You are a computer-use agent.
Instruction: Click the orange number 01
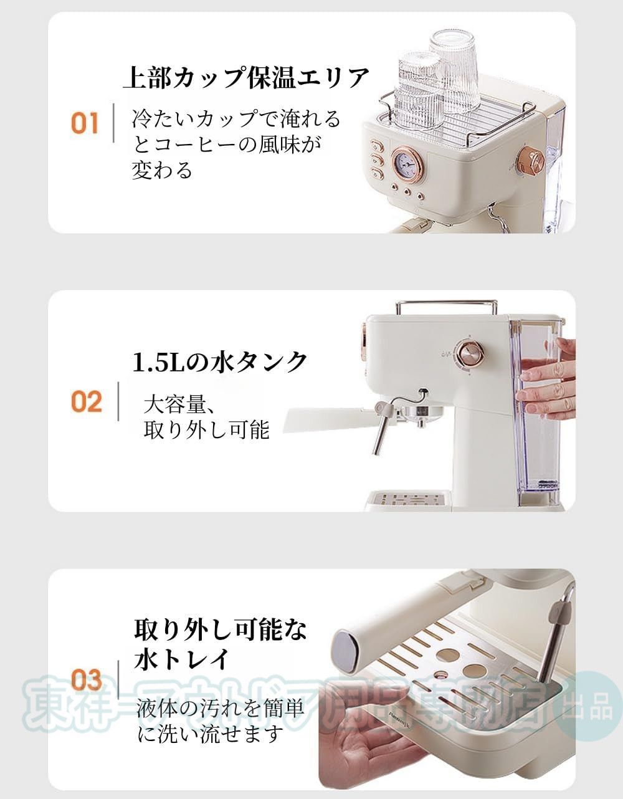pos(85,123)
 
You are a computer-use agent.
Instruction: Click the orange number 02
pos(86,401)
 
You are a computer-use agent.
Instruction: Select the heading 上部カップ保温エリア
pos(246,79)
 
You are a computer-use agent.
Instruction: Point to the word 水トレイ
pos(181,659)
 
